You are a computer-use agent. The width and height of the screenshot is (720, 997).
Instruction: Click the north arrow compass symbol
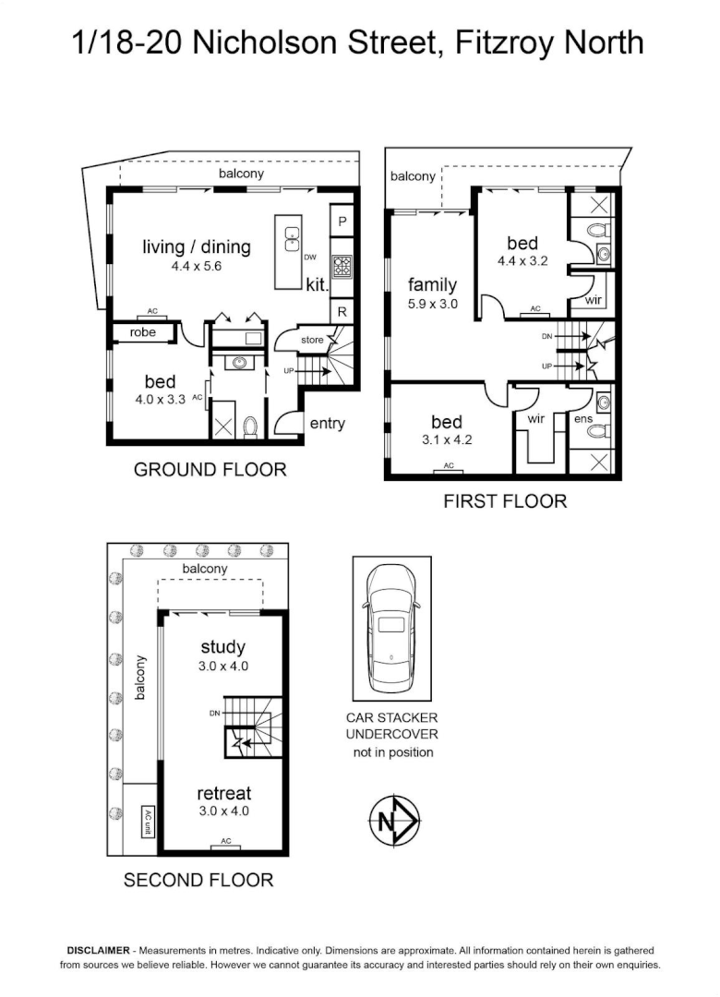[394, 821]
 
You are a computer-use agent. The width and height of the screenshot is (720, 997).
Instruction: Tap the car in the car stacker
[391, 629]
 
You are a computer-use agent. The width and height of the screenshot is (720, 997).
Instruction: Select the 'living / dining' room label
[197, 246]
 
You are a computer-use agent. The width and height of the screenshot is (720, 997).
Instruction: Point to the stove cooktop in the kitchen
[342, 264]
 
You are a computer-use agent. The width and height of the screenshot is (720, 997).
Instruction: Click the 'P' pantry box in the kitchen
[342, 222]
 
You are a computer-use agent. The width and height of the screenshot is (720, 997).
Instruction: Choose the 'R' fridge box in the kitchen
[342, 311]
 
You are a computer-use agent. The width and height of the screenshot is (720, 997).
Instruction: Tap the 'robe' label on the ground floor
[142, 332]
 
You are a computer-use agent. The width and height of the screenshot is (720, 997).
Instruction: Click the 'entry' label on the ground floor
[328, 424]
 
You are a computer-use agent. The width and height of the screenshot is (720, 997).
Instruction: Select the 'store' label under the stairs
[312, 340]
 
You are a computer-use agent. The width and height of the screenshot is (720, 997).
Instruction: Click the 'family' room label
[433, 285]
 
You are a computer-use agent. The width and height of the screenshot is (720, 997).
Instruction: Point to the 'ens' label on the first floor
[583, 419]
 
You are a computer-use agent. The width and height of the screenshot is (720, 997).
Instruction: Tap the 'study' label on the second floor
[222, 647]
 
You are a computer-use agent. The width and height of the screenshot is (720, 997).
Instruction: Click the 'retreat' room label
[224, 793]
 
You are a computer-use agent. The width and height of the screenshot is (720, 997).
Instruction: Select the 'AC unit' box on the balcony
[149, 822]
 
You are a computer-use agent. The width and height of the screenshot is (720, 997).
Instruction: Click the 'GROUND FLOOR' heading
[210, 470]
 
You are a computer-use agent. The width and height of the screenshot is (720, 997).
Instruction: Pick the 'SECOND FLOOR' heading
[198, 881]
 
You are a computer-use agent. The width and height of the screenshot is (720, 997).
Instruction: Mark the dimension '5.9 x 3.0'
[433, 304]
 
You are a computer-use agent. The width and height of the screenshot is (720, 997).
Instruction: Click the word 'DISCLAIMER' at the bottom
[98, 951]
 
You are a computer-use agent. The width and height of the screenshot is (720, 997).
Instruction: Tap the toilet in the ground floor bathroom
[251, 426]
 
